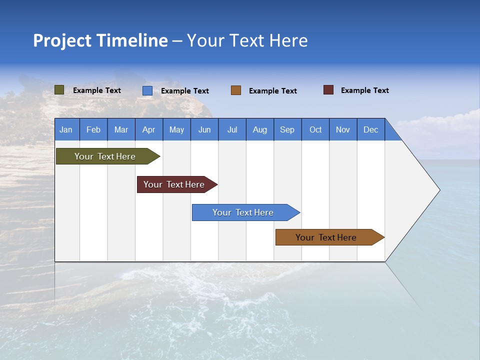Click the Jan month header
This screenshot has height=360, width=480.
coord(66,129)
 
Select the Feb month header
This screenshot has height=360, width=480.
coord(93,129)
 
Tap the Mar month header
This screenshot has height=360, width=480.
coord(121,129)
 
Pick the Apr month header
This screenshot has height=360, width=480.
coord(149,129)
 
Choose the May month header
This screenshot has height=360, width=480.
coord(176,129)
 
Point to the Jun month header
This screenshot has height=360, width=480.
coord(204,129)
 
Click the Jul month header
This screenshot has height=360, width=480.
coord(232,129)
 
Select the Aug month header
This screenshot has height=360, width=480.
coord(260,129)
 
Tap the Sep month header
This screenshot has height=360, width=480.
coord(287,129)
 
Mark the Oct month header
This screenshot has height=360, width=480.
coord(315,129)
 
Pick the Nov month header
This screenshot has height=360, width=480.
coord(343,129)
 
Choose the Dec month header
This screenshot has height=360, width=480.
coord(371,129)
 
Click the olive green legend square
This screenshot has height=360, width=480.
coord(59,90)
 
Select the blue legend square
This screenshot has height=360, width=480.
coord(147,90)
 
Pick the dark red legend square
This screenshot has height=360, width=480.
coord(328,90)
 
